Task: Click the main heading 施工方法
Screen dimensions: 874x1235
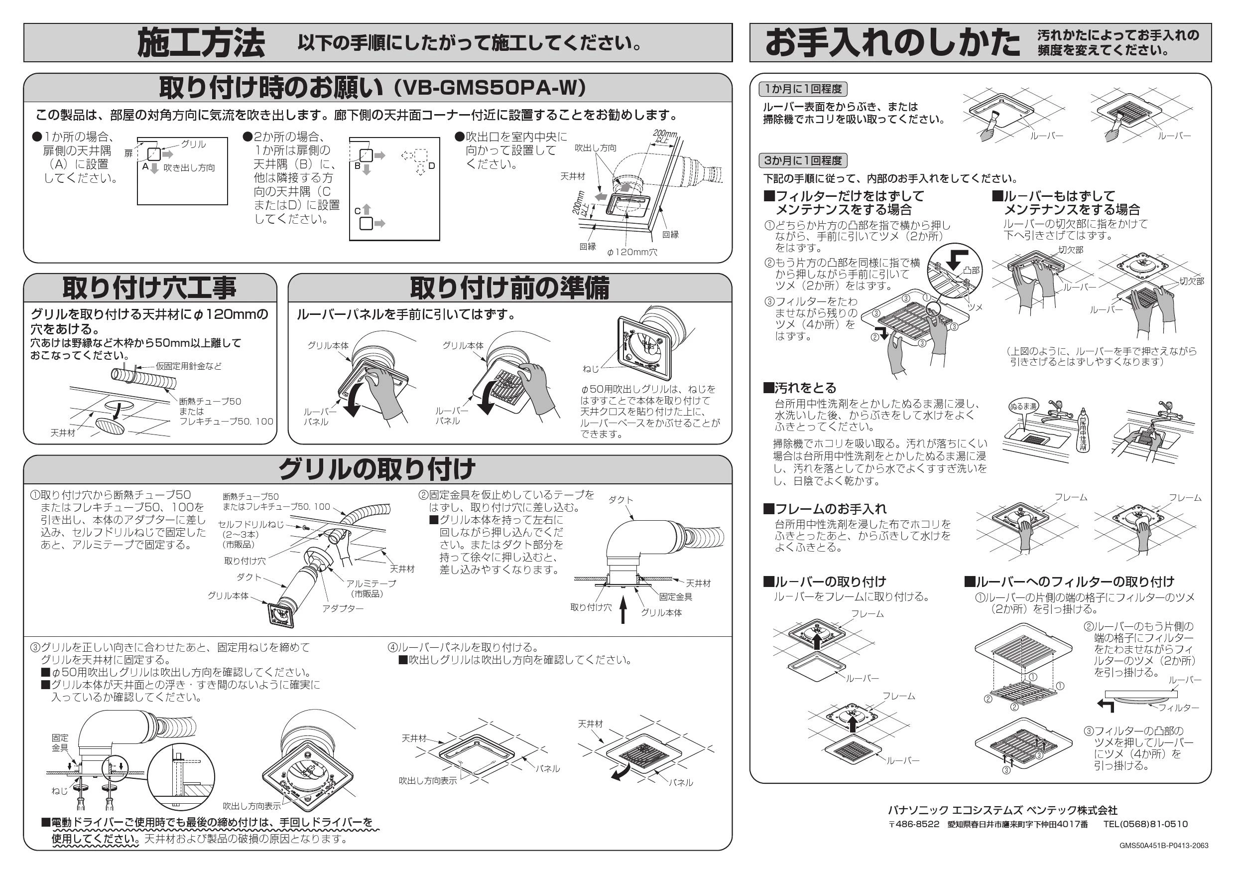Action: tap(201, 43)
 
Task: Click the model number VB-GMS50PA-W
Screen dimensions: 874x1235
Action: tap(490, 88)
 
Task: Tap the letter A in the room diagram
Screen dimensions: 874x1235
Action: tap(145, 167)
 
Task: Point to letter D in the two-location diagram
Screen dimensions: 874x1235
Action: tap(431, 166)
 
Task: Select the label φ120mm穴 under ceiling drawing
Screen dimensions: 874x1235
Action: tap(631, 252)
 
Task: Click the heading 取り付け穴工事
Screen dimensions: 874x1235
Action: tap(149, 288)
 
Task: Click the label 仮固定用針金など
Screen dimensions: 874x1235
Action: tap(188, 366)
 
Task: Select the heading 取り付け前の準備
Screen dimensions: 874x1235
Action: tap(509, 288)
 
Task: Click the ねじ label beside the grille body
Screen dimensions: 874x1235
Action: tap(590, 369)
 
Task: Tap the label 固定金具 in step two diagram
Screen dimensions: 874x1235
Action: tap(676, 596)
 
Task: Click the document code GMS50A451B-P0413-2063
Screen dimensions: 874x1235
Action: tap(1163, 846)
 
